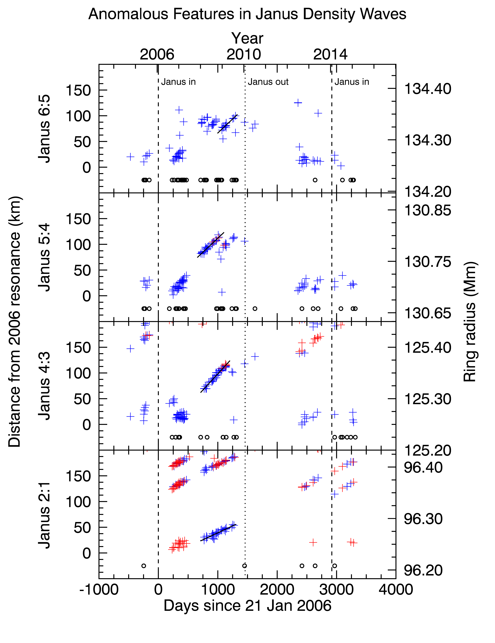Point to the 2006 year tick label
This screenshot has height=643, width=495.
(x=157, y=54)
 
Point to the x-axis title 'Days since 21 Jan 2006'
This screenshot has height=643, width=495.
(x=248, y=606)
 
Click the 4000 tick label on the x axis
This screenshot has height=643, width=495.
(x=396, y=590)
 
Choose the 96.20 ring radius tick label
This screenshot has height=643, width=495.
(x=423, y=570)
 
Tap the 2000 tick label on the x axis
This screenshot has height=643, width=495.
(x=277, y=590)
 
